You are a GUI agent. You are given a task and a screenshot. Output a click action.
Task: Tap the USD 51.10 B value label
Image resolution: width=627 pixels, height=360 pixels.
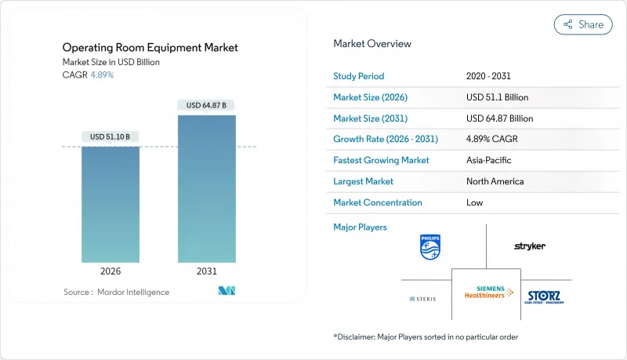click(x=111, y=136)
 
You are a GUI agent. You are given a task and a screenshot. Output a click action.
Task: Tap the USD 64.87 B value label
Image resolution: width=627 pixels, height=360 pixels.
click(x=207, y=105)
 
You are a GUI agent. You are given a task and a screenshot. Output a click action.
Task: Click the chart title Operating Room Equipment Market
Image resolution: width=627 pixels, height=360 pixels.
click(x=150, y=48)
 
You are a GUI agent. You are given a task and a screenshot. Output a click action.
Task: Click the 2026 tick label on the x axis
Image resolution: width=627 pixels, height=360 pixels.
click(x=111, y=271)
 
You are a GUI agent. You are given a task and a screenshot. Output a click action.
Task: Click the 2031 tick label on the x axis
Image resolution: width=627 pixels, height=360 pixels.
click(x=207, y=271)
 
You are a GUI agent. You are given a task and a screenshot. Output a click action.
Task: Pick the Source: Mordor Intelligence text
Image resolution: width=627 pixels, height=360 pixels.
click(x=116, y=292)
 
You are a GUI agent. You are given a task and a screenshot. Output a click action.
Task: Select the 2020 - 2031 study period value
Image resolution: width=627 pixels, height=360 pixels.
click(x=493, y=76)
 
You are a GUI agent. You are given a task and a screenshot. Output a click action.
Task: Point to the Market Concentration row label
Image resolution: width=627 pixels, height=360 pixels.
click(x=378, y=202)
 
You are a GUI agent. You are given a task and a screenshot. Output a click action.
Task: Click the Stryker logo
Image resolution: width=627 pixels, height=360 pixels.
click(x=530, y=246)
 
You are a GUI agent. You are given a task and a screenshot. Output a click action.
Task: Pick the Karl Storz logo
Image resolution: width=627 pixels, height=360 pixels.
click(x=544, y=297)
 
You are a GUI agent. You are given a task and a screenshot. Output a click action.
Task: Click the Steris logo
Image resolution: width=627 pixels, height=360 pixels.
click(x=422, y=299)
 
